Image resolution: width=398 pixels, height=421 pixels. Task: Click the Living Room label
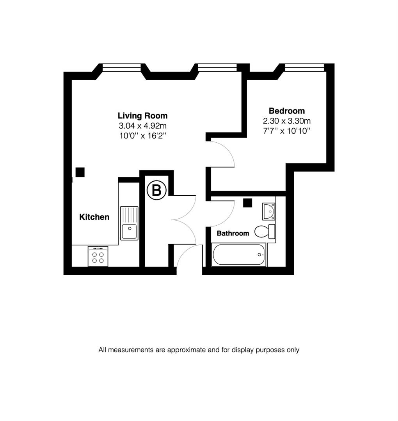142,116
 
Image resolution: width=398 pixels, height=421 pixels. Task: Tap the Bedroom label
287,111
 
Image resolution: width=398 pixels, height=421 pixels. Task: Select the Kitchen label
94,217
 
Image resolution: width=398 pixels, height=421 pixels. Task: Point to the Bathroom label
233,233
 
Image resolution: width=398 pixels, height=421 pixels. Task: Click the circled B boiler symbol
156,191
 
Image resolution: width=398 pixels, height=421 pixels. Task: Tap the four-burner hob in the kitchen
98,256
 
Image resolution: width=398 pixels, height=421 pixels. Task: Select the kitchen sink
129,223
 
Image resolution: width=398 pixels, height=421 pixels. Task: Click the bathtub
239,255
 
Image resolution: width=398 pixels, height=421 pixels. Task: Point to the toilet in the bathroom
265,231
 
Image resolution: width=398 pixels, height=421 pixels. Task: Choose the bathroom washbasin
269,211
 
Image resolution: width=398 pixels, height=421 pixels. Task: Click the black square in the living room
80,172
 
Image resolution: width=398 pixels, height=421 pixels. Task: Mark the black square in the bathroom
247,203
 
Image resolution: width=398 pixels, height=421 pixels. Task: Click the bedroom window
304,67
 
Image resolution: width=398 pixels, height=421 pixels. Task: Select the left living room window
121,68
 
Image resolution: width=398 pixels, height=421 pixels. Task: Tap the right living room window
217,68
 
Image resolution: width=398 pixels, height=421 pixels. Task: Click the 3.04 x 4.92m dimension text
142,126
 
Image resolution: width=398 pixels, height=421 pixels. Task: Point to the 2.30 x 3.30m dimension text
287,121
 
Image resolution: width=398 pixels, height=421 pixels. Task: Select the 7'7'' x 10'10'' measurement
287,131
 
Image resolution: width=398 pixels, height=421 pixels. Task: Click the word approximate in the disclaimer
186,350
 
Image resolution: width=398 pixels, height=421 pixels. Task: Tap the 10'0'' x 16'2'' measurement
142,136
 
